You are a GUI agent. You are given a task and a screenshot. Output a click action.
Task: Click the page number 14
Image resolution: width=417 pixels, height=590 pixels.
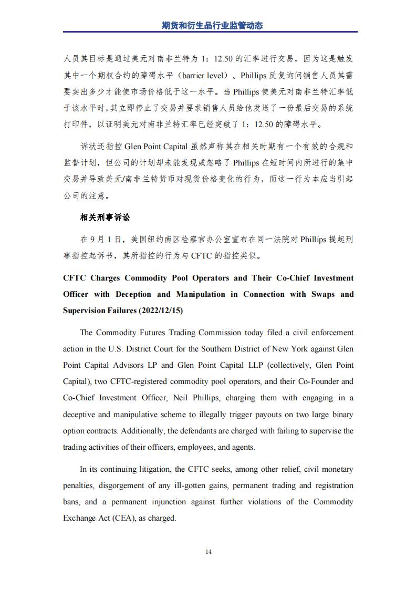[x=208, y=551]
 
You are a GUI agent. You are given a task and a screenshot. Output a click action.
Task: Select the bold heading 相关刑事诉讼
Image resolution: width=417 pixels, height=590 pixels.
[x=105, y=217]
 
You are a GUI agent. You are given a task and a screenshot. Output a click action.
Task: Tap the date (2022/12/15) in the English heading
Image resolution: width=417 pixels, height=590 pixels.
[x=160, y=310]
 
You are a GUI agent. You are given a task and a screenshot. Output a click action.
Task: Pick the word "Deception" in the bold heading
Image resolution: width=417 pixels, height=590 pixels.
[x=133, y=294]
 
